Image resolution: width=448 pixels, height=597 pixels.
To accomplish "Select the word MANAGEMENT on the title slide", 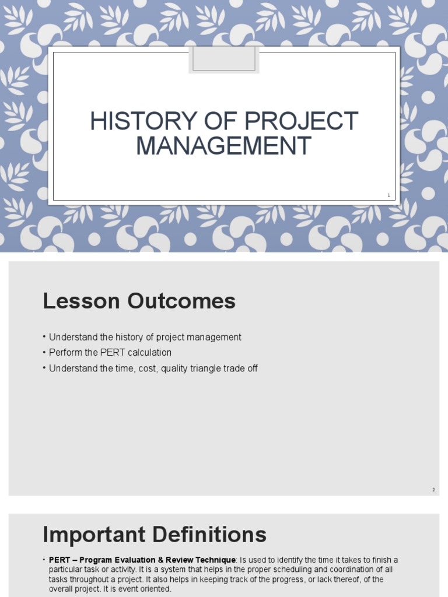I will [223, 145].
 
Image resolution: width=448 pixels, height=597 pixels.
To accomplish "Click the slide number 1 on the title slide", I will [388, 195].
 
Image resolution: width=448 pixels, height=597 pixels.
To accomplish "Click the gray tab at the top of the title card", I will [224, 59].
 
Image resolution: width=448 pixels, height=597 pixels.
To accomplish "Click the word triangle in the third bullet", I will [205, 368].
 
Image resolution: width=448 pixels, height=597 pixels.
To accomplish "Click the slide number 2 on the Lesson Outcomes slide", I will [433, 490].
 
